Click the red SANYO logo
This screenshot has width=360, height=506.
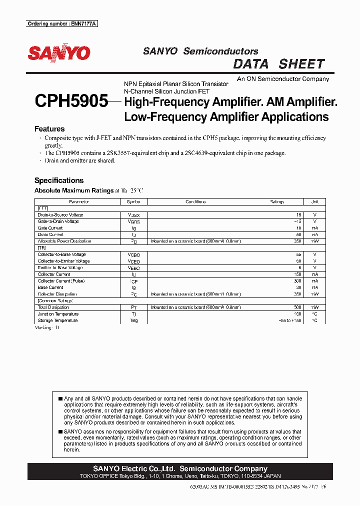point(59,53)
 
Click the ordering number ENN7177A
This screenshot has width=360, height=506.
point(61,23)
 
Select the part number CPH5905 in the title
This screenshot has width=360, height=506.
point(71,102)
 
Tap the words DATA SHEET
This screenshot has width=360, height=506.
point(279,64)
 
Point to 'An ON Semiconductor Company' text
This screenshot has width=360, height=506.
point(283,79)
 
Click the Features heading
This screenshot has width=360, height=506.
point(49,128)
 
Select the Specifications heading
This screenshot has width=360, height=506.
point(59,180)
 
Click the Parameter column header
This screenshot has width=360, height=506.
point(79,202)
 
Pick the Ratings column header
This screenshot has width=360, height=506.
point(276,202)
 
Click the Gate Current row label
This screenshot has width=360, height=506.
point(50,228)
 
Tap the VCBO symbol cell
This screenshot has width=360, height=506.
point(134,254)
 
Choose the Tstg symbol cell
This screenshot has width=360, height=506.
point(134,320)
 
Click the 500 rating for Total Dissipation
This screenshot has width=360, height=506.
point(297,307)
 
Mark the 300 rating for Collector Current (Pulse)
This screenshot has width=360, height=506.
point(297,281)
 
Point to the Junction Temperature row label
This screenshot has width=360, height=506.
point(58,314)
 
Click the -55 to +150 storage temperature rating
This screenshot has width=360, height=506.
point(290,320)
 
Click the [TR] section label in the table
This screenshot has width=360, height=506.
point(42,248)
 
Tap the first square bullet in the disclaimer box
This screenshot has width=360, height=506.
point(60,399)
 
